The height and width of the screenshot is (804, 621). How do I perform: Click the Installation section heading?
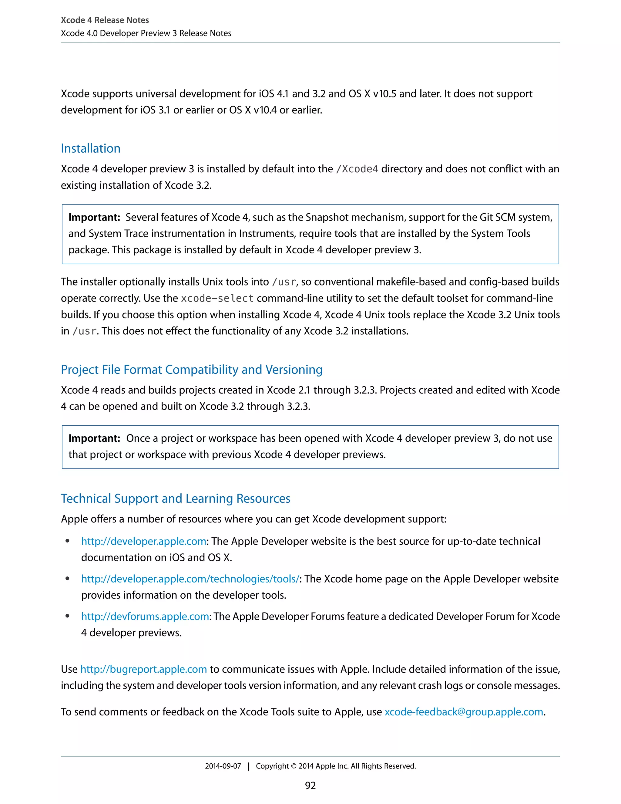point(90,148)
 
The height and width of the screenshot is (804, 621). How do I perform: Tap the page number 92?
point(310,785)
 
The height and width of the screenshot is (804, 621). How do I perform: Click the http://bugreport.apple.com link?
point(143,669)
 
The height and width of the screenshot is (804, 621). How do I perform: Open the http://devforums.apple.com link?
point(145,616)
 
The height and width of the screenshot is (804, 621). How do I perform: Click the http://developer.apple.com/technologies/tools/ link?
point(190,579)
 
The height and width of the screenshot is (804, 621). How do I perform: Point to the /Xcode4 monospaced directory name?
point(357,169)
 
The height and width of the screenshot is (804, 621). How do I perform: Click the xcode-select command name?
point(217,298)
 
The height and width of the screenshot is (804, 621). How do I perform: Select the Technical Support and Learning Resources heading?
point(176,498)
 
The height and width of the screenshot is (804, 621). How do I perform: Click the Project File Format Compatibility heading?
point(192,370)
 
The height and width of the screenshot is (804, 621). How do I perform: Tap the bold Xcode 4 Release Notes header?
point(105,20)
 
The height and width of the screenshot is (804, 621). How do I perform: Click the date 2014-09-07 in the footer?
point(223,766)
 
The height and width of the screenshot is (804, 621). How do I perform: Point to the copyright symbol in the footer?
point(294,766)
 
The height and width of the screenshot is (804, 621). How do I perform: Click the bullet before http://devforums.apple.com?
point(67,616)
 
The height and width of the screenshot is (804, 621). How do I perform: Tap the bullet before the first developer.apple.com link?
point(67,541)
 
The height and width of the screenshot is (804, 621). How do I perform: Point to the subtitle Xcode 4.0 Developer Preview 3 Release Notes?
point(146,33)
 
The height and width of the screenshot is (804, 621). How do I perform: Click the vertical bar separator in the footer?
point(249,766)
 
